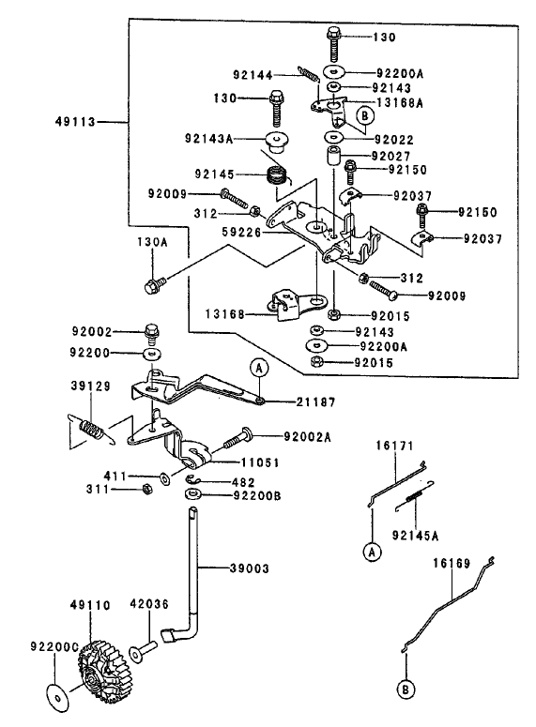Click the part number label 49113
tap(75, 122)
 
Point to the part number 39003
tap(249, 568)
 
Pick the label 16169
tap(452, 564)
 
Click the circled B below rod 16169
tap(406, 689)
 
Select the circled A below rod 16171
tap(371, 552)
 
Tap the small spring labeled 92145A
tap(413, 496)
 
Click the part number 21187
tap(315, 402)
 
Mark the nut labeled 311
tap(145, 489)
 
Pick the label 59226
tap(241, 232)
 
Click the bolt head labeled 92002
tap(153, 332)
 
